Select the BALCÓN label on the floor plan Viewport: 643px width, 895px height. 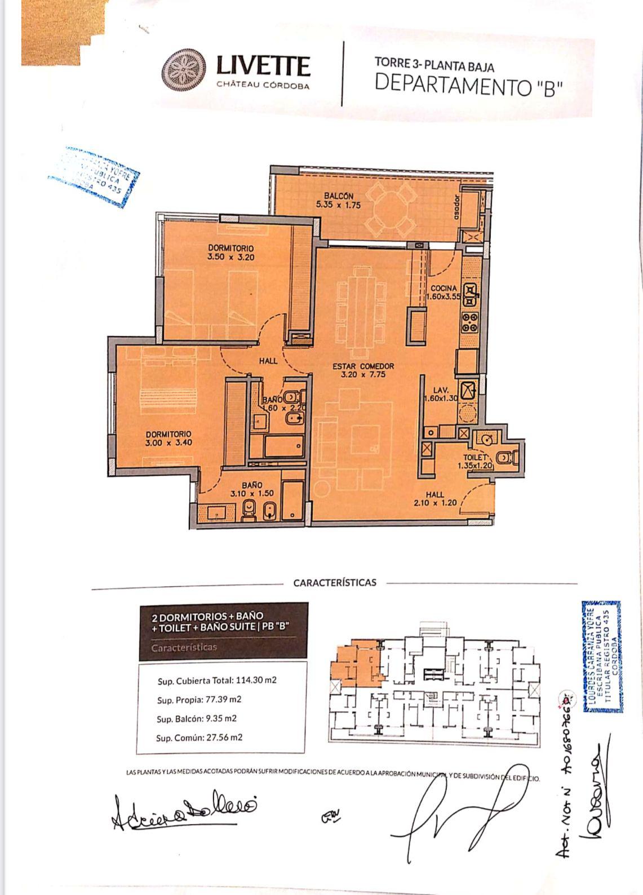click(x=338, y=196)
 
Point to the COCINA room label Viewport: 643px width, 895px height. click(x=444, y=288)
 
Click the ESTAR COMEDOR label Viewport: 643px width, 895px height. click(x=363, y=366)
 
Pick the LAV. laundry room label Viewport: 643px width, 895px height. click(x=440, y=389)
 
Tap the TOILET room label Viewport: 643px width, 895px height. click(x=475, y=458)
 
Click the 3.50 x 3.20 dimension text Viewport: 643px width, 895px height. click(x=230, y=256)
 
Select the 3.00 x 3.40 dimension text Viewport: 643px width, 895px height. click(x=168, y=442)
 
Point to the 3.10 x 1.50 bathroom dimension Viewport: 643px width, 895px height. click(x=252, y=493)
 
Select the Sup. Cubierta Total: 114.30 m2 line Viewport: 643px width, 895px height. click(x=217, y=680)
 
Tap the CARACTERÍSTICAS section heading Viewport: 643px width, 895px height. click(x=335, y=583)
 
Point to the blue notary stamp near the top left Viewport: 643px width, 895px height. click(x=96, y=178)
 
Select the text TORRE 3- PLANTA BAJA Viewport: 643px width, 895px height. click(x=434, y=65)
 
